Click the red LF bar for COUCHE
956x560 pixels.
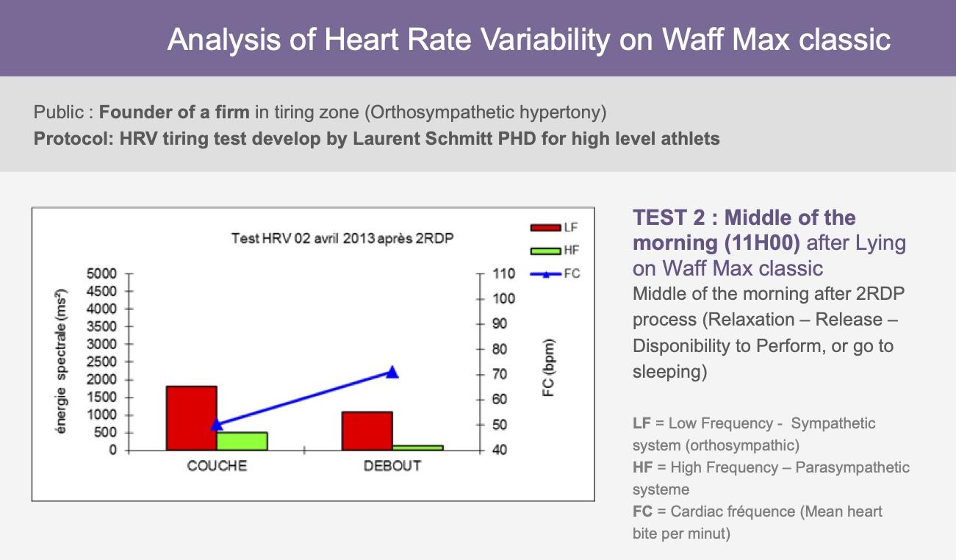pos(192,418)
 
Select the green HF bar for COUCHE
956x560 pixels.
pos(242,442)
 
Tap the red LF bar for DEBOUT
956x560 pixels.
pos(367,431)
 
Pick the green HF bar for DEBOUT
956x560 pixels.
pos(418,448)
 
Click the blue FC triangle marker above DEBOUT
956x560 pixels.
pos(392,373)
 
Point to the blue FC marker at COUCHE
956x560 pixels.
pos(217,424)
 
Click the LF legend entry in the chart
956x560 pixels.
pos(554,228)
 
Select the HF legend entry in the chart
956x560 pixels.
pos(554,251)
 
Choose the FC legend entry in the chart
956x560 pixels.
pos(555,273)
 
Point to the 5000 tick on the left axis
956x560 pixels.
pos(101,273)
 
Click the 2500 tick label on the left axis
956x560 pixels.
pos(101,362)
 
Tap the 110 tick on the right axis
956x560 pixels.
pos(503,273)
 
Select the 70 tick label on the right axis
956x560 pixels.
pos(500,374)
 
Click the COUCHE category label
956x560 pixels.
pos(217,466)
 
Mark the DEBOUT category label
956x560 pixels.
pos(392,466)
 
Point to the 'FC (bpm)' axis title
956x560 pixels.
pos(548,367)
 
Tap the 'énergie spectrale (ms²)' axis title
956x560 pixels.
pos(61,361)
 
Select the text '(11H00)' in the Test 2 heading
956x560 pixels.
pos(762,243)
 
